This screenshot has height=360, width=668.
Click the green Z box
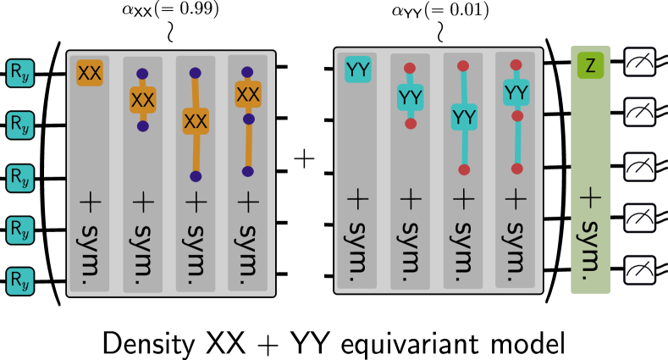(590, 65)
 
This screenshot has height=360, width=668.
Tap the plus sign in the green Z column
(590, 197)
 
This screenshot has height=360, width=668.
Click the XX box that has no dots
(90, 73)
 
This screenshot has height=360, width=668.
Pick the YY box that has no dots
(357, 69)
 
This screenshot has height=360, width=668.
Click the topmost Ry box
(20, 73)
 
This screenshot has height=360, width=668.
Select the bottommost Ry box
(20, 281)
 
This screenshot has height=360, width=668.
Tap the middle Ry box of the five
(20, 178)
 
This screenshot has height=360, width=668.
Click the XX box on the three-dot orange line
(248, 94)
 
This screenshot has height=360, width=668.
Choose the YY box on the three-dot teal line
(516, 92)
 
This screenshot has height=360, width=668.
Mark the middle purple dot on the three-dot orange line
(249, 119)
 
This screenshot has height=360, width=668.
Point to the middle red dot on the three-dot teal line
(517, 116)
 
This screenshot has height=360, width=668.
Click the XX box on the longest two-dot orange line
(196, 121)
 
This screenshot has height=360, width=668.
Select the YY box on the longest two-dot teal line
(464, 117)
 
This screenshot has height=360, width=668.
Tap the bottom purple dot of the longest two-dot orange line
(196, 176)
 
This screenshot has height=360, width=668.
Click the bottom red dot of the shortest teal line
(411, 124)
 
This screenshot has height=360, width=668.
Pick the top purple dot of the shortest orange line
(142, 74)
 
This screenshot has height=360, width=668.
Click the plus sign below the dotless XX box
(90, 201)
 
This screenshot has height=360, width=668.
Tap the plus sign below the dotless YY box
(357, 198)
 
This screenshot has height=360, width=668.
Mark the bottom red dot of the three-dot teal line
(517, 169)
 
